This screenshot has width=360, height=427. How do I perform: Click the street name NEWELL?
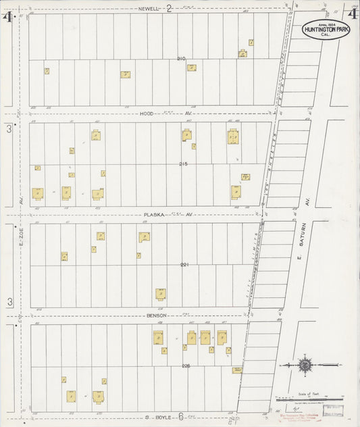148,8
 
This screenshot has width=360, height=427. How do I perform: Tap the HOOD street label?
149,114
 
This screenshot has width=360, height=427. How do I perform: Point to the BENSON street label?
156,316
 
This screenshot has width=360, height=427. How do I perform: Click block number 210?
181,59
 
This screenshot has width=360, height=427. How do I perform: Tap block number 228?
186,366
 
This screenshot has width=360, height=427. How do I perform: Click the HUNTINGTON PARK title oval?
322,29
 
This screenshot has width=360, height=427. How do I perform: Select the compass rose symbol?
305,365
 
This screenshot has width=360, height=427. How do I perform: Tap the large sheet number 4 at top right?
351,12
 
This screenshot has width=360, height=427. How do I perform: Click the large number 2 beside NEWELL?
170,7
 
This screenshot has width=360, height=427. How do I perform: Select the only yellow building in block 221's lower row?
161,294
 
